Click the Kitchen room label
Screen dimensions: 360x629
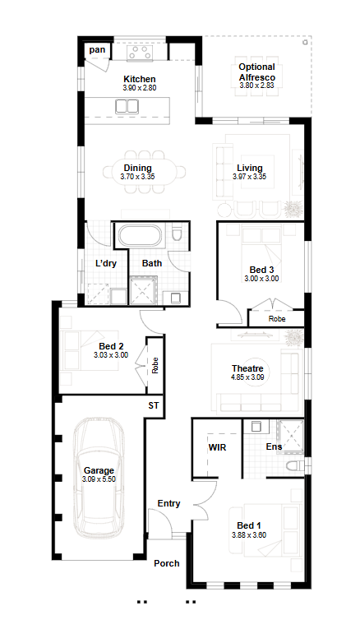tap(140, 79)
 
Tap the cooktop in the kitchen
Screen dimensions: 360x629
tap(140, 53)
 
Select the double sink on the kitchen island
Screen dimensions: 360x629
tap(127, 107)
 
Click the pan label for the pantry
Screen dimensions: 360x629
tap(98, 49)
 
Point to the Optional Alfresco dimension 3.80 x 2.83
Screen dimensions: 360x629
tap(256, 86)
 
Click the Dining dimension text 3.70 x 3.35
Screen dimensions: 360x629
tap(137, 177)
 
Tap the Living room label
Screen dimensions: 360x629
tap(250, 168)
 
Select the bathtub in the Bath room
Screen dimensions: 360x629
tap(139, 235)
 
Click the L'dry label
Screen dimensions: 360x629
tap(106, 264)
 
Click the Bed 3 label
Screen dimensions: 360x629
tap(262, 270)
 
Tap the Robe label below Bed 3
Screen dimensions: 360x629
tap(277, 319)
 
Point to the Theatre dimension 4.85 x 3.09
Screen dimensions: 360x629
tap(247, 377)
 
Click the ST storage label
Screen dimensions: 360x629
tap(154, 405)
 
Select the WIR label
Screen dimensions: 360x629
tap(217, 447)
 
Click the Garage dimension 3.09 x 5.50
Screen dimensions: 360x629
tap(99, 479)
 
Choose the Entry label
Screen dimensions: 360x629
tap(168, 503)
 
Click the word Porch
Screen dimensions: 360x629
tap(167, 563)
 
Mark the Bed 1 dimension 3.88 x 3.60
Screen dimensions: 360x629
tap(249, 534)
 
